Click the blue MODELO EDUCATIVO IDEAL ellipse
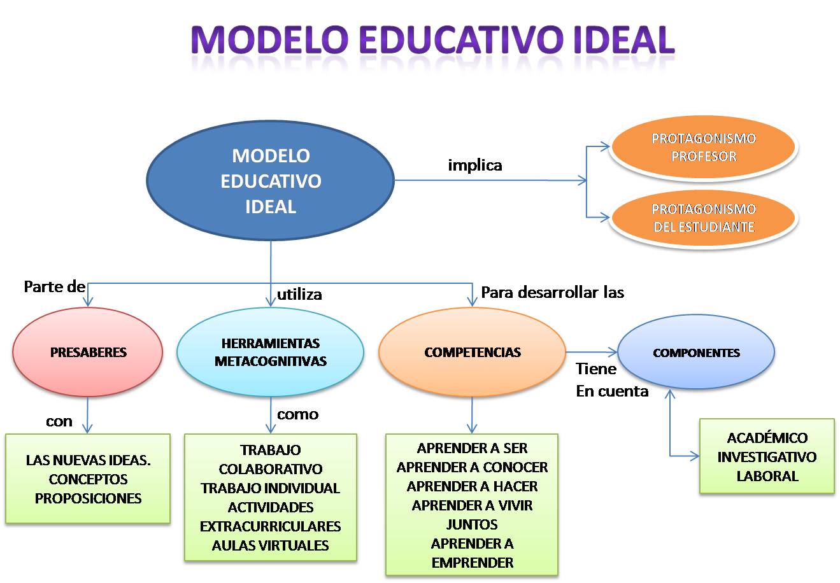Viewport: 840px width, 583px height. tap(271, 181)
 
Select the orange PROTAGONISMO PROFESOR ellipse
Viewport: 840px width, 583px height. tap(703, 148)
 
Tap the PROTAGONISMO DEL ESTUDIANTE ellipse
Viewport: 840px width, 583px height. tap(703, 218)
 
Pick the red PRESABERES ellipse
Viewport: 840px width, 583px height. tap(88, 353)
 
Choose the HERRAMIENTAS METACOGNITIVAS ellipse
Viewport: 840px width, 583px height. tap(270, 353)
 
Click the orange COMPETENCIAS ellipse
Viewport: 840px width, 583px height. tap(472, 353)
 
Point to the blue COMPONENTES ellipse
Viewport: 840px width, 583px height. tap(696, 353)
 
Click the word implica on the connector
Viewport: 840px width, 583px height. tap(475, 165)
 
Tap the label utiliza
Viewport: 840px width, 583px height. tap(299, 295)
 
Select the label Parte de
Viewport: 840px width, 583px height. tap(54, 286)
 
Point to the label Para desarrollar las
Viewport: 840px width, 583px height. tap(552, 292)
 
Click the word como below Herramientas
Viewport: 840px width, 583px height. tap(297, 414)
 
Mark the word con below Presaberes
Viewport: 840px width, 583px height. tap(59, 421)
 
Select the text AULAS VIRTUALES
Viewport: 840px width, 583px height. tap(271, 545)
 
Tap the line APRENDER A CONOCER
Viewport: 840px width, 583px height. tap(472, 467)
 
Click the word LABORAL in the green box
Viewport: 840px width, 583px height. tap(767, 476)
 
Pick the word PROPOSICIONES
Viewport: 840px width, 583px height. tap(88, 498)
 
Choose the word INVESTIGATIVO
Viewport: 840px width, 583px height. tap(767, 457)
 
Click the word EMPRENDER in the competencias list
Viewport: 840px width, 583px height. tap(472, 563)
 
